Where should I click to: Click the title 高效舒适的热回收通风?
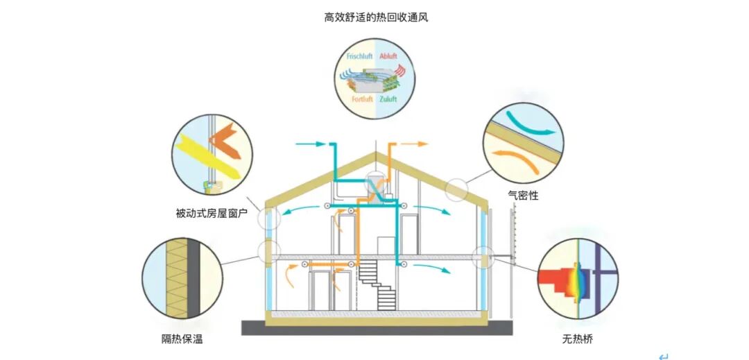376,17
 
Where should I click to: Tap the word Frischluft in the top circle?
359,55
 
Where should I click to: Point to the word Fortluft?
362,100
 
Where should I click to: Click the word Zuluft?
388,100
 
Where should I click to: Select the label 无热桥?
577,340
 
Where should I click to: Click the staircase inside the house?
378,284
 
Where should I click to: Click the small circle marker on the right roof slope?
456,189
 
